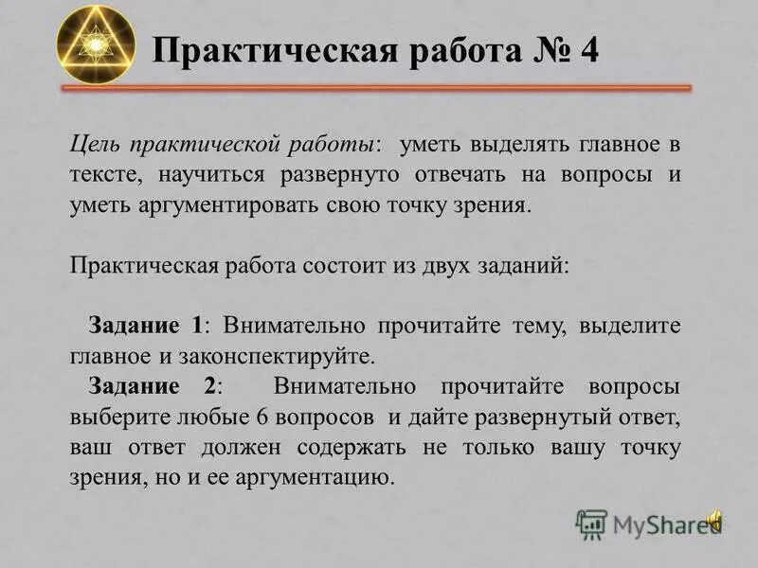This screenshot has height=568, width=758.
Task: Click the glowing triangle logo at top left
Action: (x=96, y=44)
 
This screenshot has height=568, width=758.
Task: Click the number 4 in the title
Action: (x=587, y=49)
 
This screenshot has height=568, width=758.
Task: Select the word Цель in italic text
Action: (x=93, y=147)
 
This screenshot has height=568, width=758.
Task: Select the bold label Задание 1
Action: (x=146, y=326)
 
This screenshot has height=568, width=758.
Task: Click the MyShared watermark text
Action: (x=659, y=524)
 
